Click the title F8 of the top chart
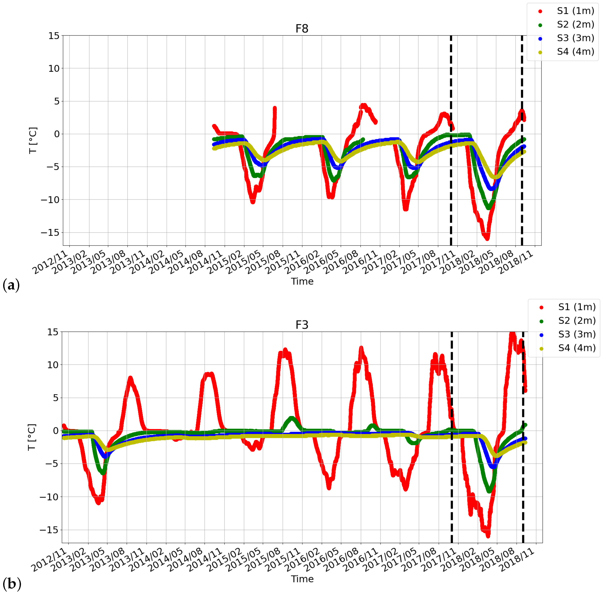point(302,29)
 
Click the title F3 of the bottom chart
point(302,325)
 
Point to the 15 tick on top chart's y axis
point(54,36)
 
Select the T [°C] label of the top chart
point(33,140)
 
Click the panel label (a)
point(11,285)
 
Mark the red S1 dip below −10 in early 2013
point(98,502)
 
